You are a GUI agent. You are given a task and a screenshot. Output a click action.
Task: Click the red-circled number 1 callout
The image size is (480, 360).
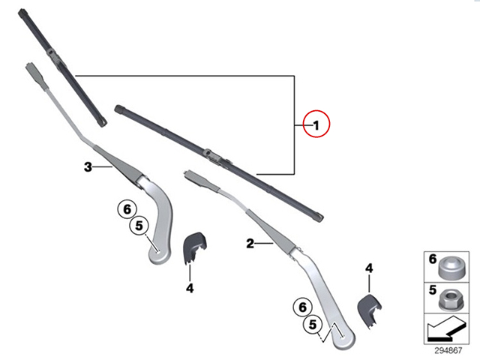pos(316,124)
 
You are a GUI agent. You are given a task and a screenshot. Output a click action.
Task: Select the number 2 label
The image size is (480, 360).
pos(250,244)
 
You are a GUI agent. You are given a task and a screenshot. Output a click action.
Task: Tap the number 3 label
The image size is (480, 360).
pos(88,167)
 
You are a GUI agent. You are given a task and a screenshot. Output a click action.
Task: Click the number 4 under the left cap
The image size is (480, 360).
pos(190,288)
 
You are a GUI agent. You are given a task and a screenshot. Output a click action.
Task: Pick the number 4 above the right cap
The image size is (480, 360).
pos(369,268)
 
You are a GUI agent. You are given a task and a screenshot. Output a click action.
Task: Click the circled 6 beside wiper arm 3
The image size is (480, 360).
pos(127,209)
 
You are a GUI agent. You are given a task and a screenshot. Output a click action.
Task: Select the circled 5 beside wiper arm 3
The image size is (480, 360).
pos(139,226)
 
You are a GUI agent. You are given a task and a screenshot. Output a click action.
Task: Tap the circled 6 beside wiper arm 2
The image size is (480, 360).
pos(302,307)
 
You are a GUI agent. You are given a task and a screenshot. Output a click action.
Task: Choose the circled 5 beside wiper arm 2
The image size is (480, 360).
pos(313,324)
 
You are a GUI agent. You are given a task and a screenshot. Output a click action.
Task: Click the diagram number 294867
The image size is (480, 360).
pos(448,350)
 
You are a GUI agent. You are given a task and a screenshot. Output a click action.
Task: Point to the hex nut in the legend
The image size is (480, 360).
pos(451,299)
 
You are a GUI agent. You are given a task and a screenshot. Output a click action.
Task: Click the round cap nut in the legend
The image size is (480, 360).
pos(451,268)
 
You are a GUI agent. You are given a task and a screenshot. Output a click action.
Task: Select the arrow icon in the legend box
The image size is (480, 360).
pos(447,329)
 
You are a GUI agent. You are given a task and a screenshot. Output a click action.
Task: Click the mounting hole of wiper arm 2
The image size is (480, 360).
pos(343,337)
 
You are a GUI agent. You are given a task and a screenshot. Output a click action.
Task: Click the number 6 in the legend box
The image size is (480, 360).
pos(432,259)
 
